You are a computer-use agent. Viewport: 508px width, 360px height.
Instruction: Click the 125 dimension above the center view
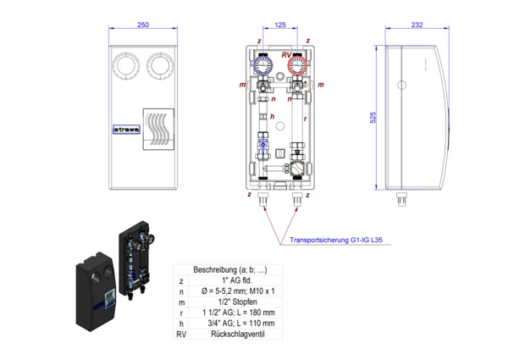[x=280, y=25]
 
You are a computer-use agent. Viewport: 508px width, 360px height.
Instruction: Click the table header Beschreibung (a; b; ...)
[x=230, y=269]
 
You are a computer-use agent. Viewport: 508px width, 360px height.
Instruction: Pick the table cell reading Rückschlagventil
[x=230, y=335]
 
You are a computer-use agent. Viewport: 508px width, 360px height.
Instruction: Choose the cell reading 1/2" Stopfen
[x=230, y=302]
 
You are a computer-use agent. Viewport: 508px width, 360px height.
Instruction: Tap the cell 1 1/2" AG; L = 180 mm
[x=230, y=313]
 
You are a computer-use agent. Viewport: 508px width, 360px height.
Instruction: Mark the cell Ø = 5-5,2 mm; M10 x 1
[x=230, y=291]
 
